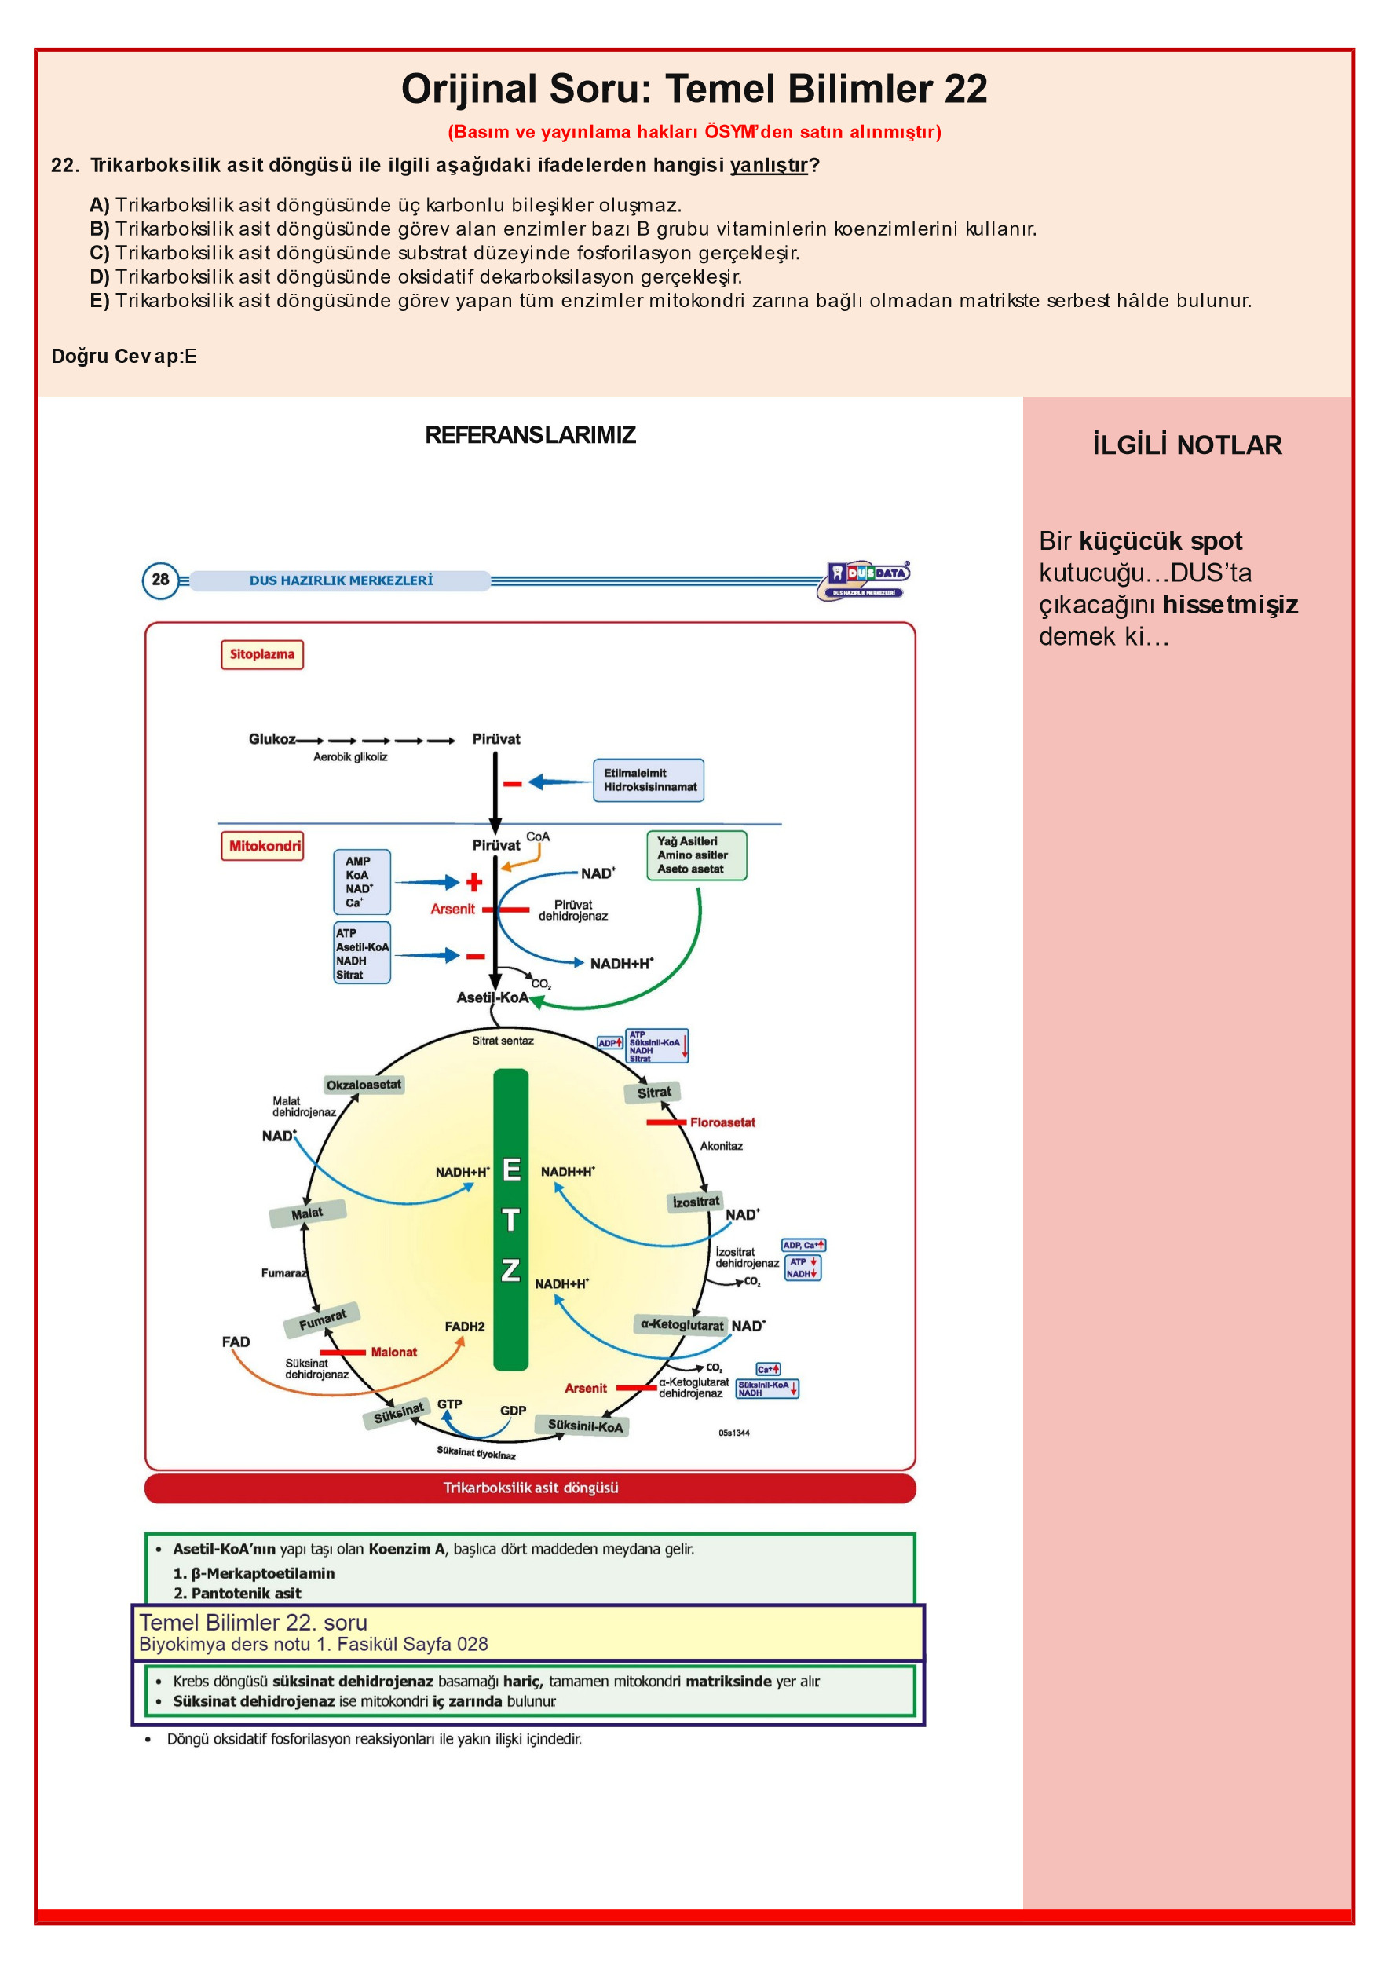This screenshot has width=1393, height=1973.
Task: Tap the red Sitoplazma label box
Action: click(262, 654)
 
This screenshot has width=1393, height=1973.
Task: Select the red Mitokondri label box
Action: click(263, 846)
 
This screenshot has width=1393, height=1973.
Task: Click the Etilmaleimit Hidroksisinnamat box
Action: click(649, 780)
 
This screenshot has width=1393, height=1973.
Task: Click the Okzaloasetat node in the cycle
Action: click(364, 1085)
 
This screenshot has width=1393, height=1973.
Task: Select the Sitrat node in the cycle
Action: click(653, 1093)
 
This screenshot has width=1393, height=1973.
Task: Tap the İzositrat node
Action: click(696, 1202)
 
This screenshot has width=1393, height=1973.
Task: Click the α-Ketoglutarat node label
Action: click(682, 1324)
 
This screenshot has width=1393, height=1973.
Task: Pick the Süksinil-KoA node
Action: click(585, 1426)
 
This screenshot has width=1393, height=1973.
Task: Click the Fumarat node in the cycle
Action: click(322, 1320)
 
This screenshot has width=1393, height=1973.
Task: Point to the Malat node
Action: click(308, 1213)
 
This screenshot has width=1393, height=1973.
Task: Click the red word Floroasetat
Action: click(722, 1122)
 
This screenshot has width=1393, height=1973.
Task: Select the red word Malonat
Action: click(393, 1352)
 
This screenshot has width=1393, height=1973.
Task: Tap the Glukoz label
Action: click(272, 739)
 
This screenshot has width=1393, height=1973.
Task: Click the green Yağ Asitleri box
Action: click(696, 855)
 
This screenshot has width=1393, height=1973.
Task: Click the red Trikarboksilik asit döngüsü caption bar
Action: click(530, 1488)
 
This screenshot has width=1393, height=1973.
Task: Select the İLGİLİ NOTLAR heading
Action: click(1186, 445)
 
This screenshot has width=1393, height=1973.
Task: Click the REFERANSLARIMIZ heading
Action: click(530, 435)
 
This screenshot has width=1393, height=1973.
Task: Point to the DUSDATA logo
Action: click(864, 580)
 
